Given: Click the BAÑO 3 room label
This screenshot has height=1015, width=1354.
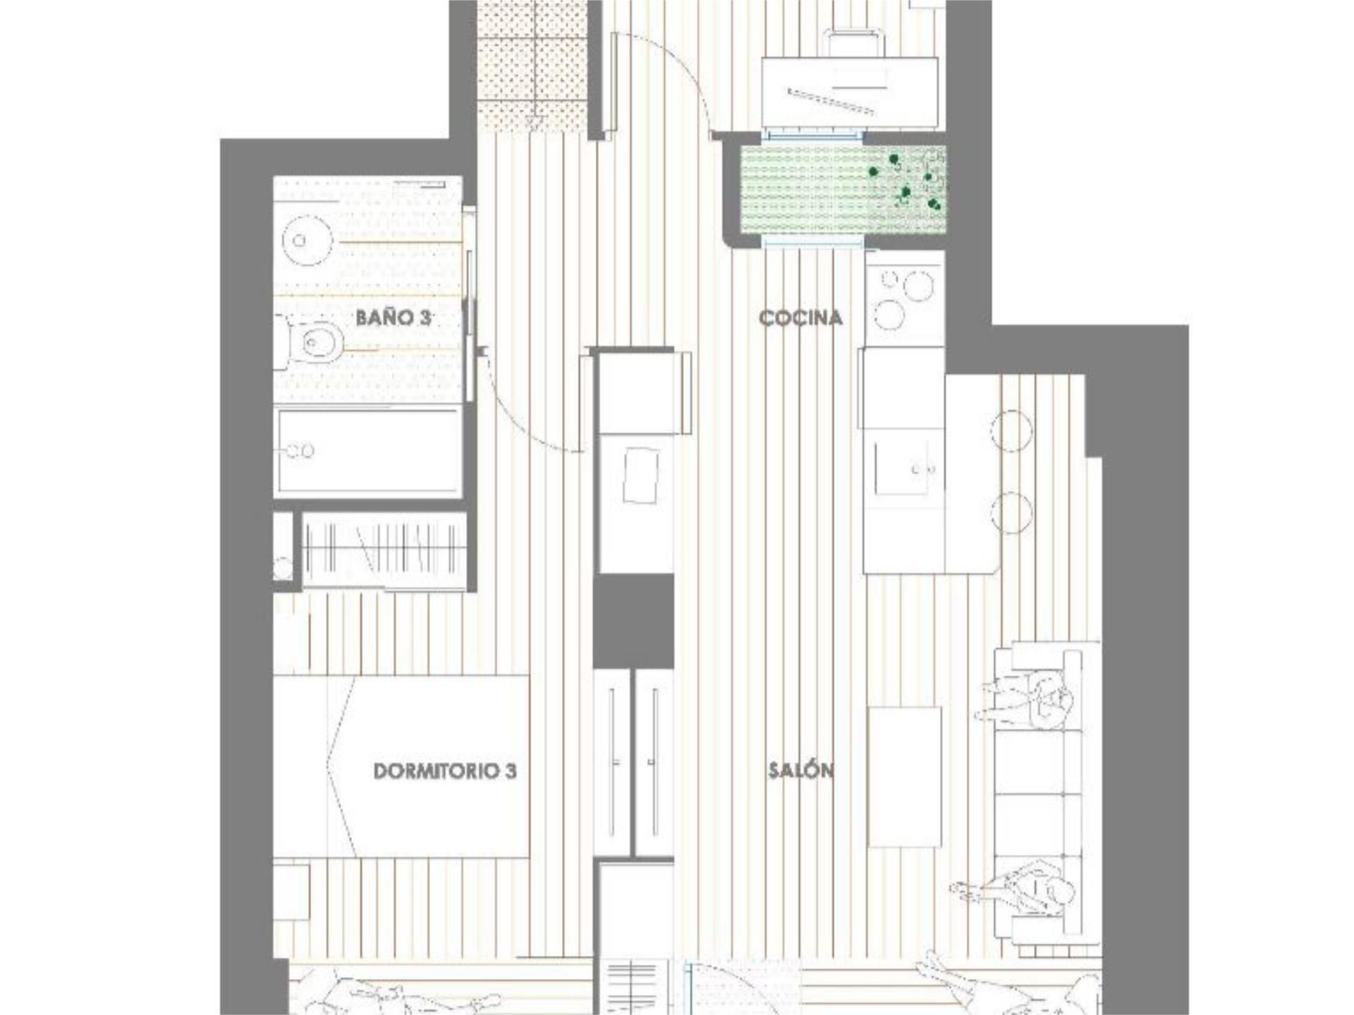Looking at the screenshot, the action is (393, 317).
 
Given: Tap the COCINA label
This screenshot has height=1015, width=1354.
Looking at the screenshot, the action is (800, 318).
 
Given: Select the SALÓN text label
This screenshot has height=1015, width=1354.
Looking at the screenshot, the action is (801, 770).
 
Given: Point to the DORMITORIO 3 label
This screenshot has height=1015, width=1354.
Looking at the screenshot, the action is (445, 771).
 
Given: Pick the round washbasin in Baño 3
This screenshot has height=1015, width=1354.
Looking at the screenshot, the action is (307, 241).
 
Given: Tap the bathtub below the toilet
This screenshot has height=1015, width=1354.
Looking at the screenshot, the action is (368, 451).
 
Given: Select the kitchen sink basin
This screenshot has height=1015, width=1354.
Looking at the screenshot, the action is (905, 468).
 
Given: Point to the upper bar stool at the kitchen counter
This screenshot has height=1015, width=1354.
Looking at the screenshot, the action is (1012, 430).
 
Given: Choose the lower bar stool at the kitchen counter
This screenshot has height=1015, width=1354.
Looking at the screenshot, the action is (1012, 512).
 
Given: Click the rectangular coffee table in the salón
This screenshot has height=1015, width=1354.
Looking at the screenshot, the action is (905, 777).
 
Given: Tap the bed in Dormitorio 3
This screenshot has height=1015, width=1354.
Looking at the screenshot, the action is (401, 767).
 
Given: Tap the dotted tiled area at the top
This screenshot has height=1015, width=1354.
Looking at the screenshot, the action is (532, 66).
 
